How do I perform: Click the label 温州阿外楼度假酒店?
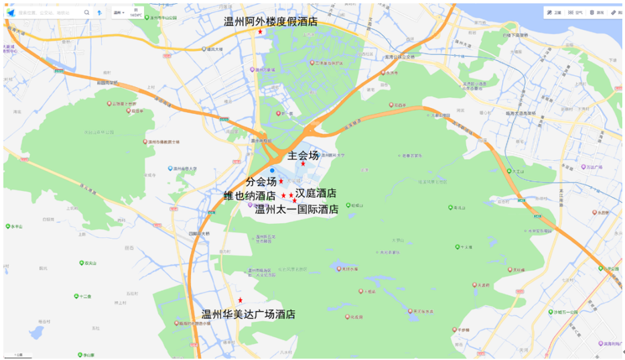(x=270, y=22)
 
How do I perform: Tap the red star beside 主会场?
(x=303, y=164)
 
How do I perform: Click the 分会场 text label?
(x=261, y=182)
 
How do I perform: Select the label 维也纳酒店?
(x=250, y=196)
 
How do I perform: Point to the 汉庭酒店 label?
(x=316, y=194)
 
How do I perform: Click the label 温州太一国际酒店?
(x=297, y=209)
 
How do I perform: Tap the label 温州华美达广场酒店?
(x=249, y=314)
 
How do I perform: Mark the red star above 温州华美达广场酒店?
(x=240, y=300)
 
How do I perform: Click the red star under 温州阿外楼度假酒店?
(x=260, y=32)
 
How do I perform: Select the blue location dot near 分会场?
(x=272, y=170)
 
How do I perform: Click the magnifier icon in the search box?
(x=86, y=12)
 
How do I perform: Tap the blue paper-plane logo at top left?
(x=10, y=12)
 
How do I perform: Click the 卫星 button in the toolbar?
(x=553, y=12)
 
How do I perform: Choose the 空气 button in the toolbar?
(x=574, y=12)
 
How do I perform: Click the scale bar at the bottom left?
(x=18, y=354)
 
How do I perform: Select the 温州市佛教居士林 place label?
(x=162, y=142)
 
